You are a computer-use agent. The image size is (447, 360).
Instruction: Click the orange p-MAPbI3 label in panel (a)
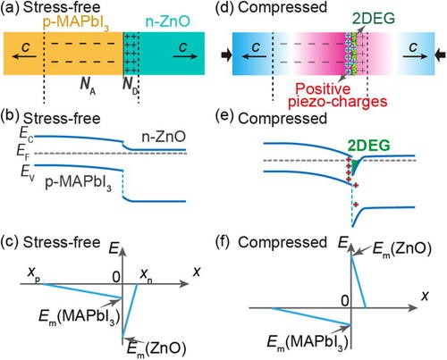[x=76, y=23]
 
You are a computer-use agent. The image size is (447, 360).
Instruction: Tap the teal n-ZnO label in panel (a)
[x=167, y=21]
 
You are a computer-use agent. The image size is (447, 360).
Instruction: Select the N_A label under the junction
[x=88, y=86]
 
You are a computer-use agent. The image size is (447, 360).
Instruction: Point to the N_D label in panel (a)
[x=131, y=86]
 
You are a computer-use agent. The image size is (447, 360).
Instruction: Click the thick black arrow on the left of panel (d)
[x=226, y=55]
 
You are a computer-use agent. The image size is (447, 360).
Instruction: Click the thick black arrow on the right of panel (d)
[x=441, y=55]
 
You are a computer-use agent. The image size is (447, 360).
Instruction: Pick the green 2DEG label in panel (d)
[x=374, y=19]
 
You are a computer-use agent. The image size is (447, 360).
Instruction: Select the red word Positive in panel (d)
[x=324, y=88]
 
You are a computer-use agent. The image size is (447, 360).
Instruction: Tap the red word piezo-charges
[x=338, y=102]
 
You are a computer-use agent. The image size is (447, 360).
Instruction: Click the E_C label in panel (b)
[x=26, y=134]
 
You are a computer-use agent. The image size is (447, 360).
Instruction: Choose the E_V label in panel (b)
[x=28, y=173]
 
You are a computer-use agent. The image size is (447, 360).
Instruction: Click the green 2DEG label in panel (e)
[x=369, y=146]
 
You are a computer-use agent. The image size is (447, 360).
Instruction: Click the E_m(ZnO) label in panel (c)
[x=156, y=348]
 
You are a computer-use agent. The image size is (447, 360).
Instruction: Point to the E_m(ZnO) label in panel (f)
[x=402, y=249]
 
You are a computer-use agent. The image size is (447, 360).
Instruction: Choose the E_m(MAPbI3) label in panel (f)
[x=308, y=342]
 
